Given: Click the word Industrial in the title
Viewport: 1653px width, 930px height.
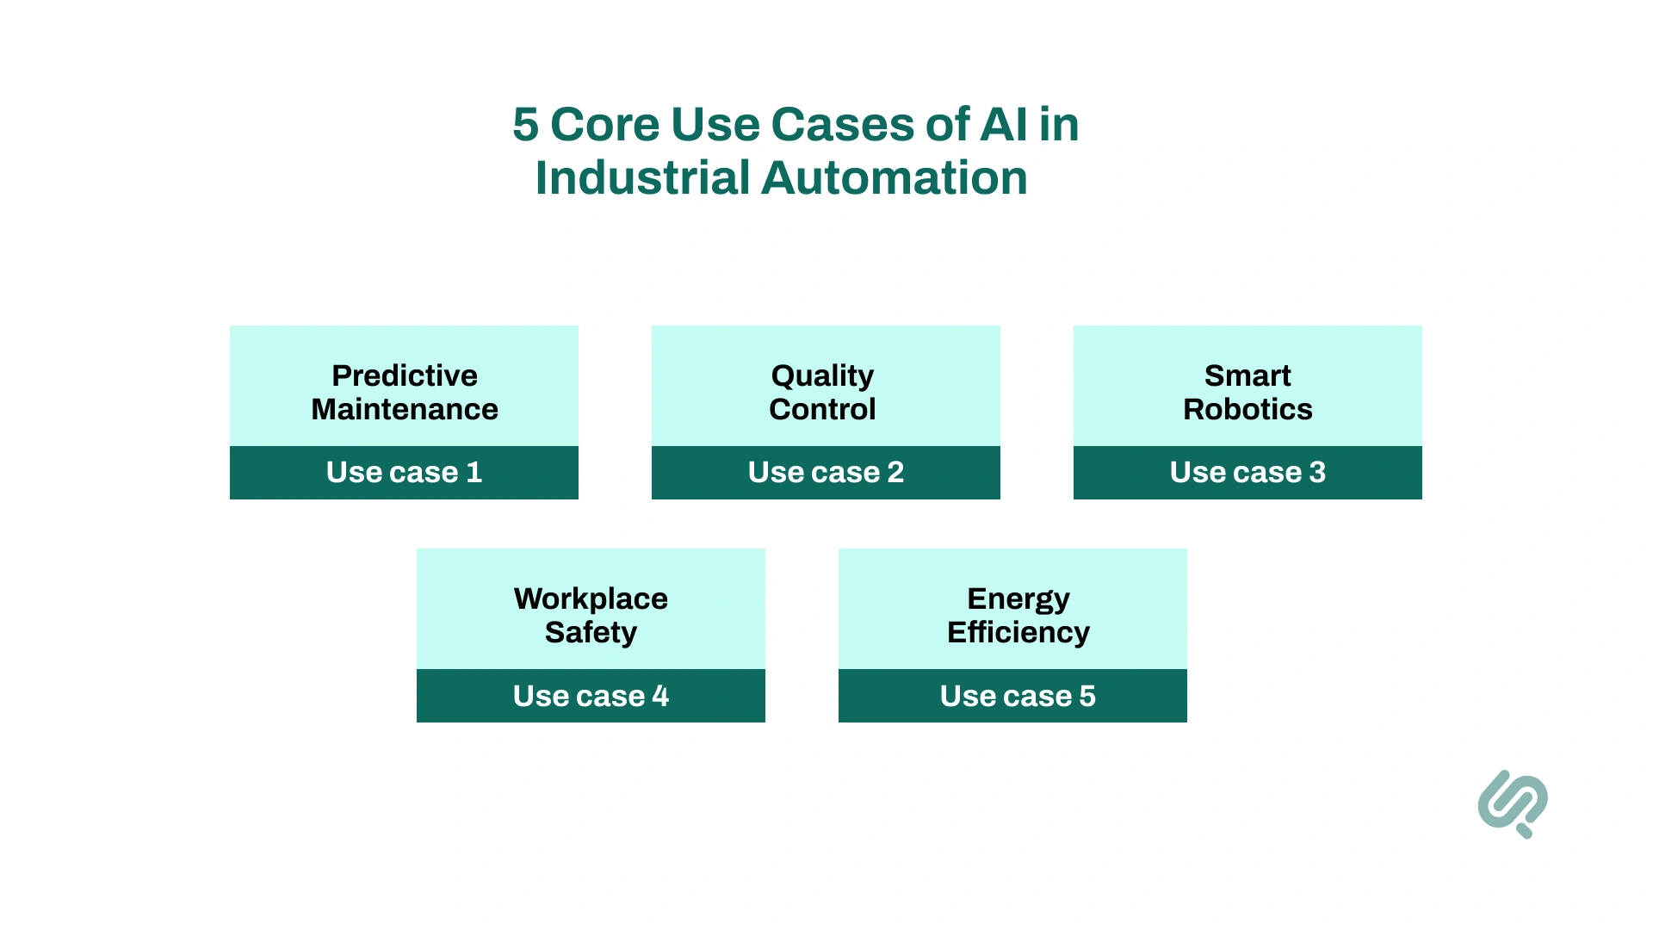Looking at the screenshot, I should coord(643,178).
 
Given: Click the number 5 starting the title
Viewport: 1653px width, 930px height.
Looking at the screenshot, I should coord(525,125).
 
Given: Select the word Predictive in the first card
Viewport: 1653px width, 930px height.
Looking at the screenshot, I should coord(404,375).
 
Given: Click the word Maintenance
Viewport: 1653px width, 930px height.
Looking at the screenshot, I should coord(404,409).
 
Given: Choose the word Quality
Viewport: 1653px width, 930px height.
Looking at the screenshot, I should coord(822,375).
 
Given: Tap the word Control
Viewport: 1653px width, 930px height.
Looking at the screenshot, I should coord(822,409).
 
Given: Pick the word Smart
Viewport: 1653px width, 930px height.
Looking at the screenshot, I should coord(1247,375).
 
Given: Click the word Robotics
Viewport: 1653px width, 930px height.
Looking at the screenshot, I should coord(1247,409).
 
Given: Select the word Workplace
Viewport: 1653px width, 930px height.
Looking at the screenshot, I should coord(591,598).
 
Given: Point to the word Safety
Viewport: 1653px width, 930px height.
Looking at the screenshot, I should coord(591,632).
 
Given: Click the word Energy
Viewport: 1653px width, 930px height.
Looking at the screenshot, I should coord(1018,598).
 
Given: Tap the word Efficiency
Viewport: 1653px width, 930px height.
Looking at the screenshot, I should coord(1018,632).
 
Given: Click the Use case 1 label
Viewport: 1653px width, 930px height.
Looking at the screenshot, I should coord(404,472).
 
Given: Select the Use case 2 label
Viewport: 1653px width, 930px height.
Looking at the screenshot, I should coord(826,472).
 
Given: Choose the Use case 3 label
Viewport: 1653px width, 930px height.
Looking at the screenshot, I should coord(1247,472).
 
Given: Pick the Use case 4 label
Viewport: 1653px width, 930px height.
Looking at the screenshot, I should coord(591,696).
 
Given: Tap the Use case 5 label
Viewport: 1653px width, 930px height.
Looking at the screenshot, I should coord(1018,696).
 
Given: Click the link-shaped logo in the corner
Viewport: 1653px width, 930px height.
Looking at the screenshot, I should coord(1512,803).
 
